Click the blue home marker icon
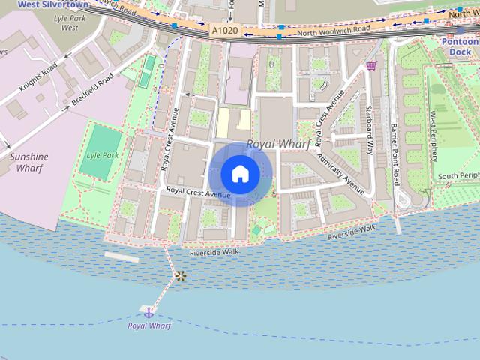click(240, 175)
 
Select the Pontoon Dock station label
click(460, 48)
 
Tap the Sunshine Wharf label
click(28, 162)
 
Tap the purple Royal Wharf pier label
click(148, 325)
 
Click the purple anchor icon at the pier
click(148, 310)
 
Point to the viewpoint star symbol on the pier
click(179, 275)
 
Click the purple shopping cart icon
click(371, 65)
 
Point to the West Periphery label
click(433, 136)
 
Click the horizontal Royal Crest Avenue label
click(199, 193)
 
